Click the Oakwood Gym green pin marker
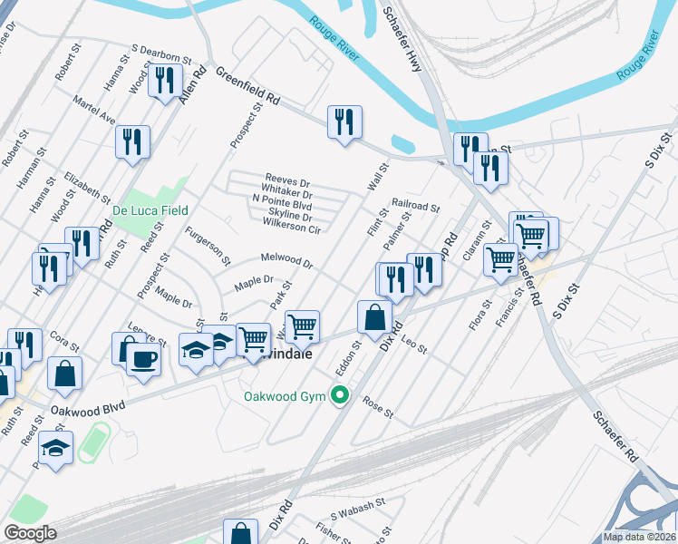pos(340,394)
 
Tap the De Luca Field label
pos(150,210)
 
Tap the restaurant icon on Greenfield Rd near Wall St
pos(344,122)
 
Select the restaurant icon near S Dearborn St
pos(164,81)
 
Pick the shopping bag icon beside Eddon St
pos(374,317)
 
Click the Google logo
pos(31,533)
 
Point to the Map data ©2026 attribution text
pos(638,537)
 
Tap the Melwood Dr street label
pos(286,261)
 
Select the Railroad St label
pos(415,206)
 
